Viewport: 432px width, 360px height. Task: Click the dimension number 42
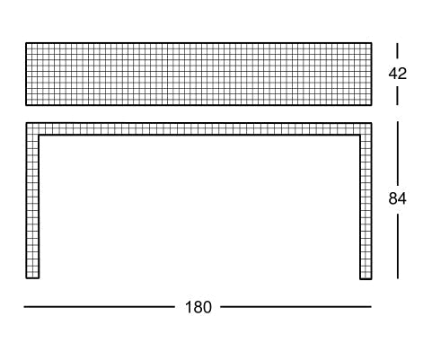[398, 74]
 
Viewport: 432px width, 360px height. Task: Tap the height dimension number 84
[398, 198]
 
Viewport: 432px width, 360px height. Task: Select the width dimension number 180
[198, 307]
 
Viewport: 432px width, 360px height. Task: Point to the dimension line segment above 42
[398, 50]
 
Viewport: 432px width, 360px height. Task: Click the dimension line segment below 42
[398, 96]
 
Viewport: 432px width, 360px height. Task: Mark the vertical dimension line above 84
[398, 153]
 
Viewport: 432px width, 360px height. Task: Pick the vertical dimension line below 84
[398, 246]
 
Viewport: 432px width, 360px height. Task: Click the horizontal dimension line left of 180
[100, 307]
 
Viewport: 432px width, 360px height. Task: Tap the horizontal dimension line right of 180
[295, 307]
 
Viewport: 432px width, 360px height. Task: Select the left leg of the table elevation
[32, 206]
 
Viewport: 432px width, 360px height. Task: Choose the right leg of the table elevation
[366, 207]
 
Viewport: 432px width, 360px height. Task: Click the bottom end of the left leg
[32, 278]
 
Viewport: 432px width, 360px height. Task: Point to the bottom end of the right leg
[366, 279]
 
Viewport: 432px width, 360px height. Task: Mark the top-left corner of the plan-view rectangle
[26, 43]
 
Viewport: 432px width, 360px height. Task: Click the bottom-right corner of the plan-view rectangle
[372, 105]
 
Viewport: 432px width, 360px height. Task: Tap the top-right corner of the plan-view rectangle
[372, 43]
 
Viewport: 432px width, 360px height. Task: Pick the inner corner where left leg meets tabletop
[39, 136]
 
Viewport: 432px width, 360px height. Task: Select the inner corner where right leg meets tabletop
[360, 136]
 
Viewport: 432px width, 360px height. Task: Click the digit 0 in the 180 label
[207, 307]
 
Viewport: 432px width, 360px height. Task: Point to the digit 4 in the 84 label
[402, 198]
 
